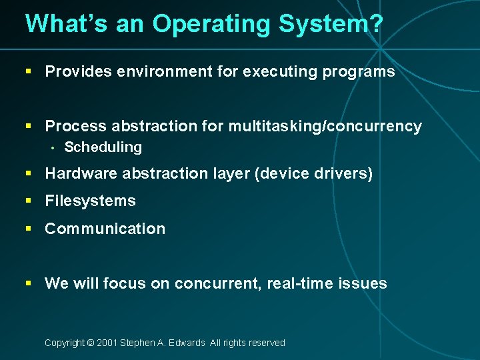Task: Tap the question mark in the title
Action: [376, 24]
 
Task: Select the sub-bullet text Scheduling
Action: [103, 147]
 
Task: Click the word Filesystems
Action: [90, 201]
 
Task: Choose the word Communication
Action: [105, 228]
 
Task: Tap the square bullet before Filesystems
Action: [29, 201]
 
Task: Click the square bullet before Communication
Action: [29, 229]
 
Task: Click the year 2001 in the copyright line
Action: [107, 343]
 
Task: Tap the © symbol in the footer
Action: [90, 343]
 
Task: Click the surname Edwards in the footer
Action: [187, 343]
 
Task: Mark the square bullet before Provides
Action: [29, 72]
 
